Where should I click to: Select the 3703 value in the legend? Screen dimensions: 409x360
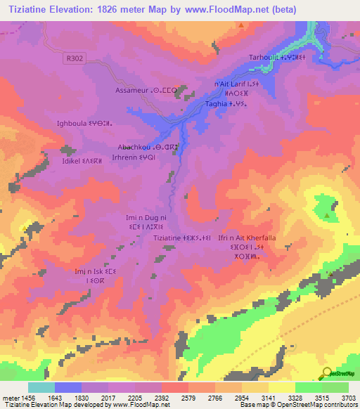click(x=349, y=398)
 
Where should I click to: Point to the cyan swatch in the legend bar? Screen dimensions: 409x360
click(x=41, y=387)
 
